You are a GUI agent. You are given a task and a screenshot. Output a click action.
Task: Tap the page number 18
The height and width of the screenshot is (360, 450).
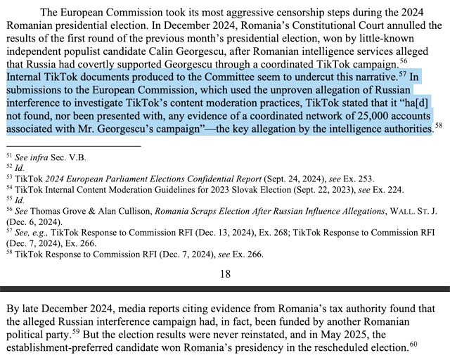click(x=224, y=274)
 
